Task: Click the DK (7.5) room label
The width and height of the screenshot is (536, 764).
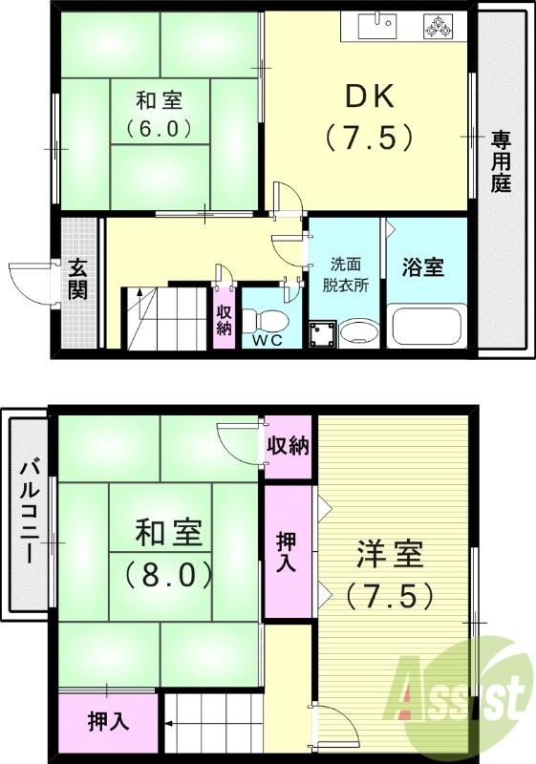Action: (x=369, y=117)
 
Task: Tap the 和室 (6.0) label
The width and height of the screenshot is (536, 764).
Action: (x=159, y=113)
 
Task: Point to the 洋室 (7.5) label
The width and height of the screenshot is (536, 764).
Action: (x=389, y=574)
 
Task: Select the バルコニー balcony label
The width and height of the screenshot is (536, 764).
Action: (x=29, y=512)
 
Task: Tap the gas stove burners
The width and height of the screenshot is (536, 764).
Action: (x=440, y=27)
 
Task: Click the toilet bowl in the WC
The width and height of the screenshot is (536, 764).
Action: (x=270, y=318)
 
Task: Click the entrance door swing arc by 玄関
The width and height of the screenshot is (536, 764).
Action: (x=29, y=283)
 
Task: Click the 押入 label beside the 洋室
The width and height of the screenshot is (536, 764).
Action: (x=287, y=551)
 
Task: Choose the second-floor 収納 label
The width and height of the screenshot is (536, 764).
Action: (x=288, y=445)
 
